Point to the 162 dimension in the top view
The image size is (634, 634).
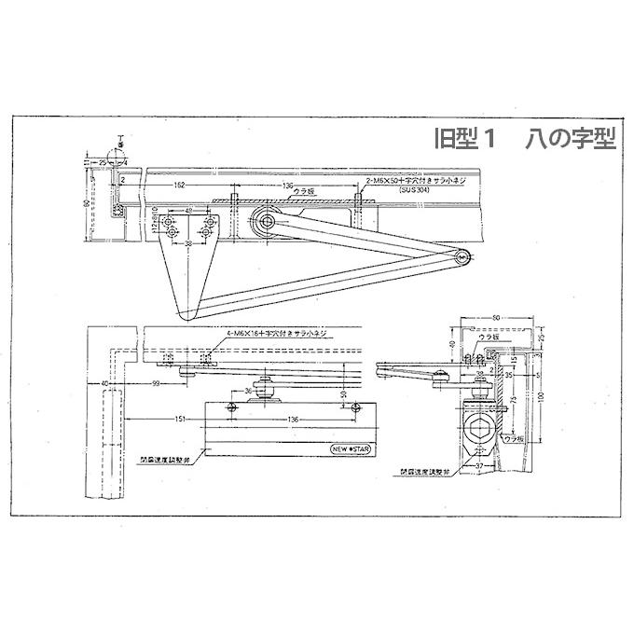179,186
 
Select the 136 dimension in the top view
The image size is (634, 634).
289,186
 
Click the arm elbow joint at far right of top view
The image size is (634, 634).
462,258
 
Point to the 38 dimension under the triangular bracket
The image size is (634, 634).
189,244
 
